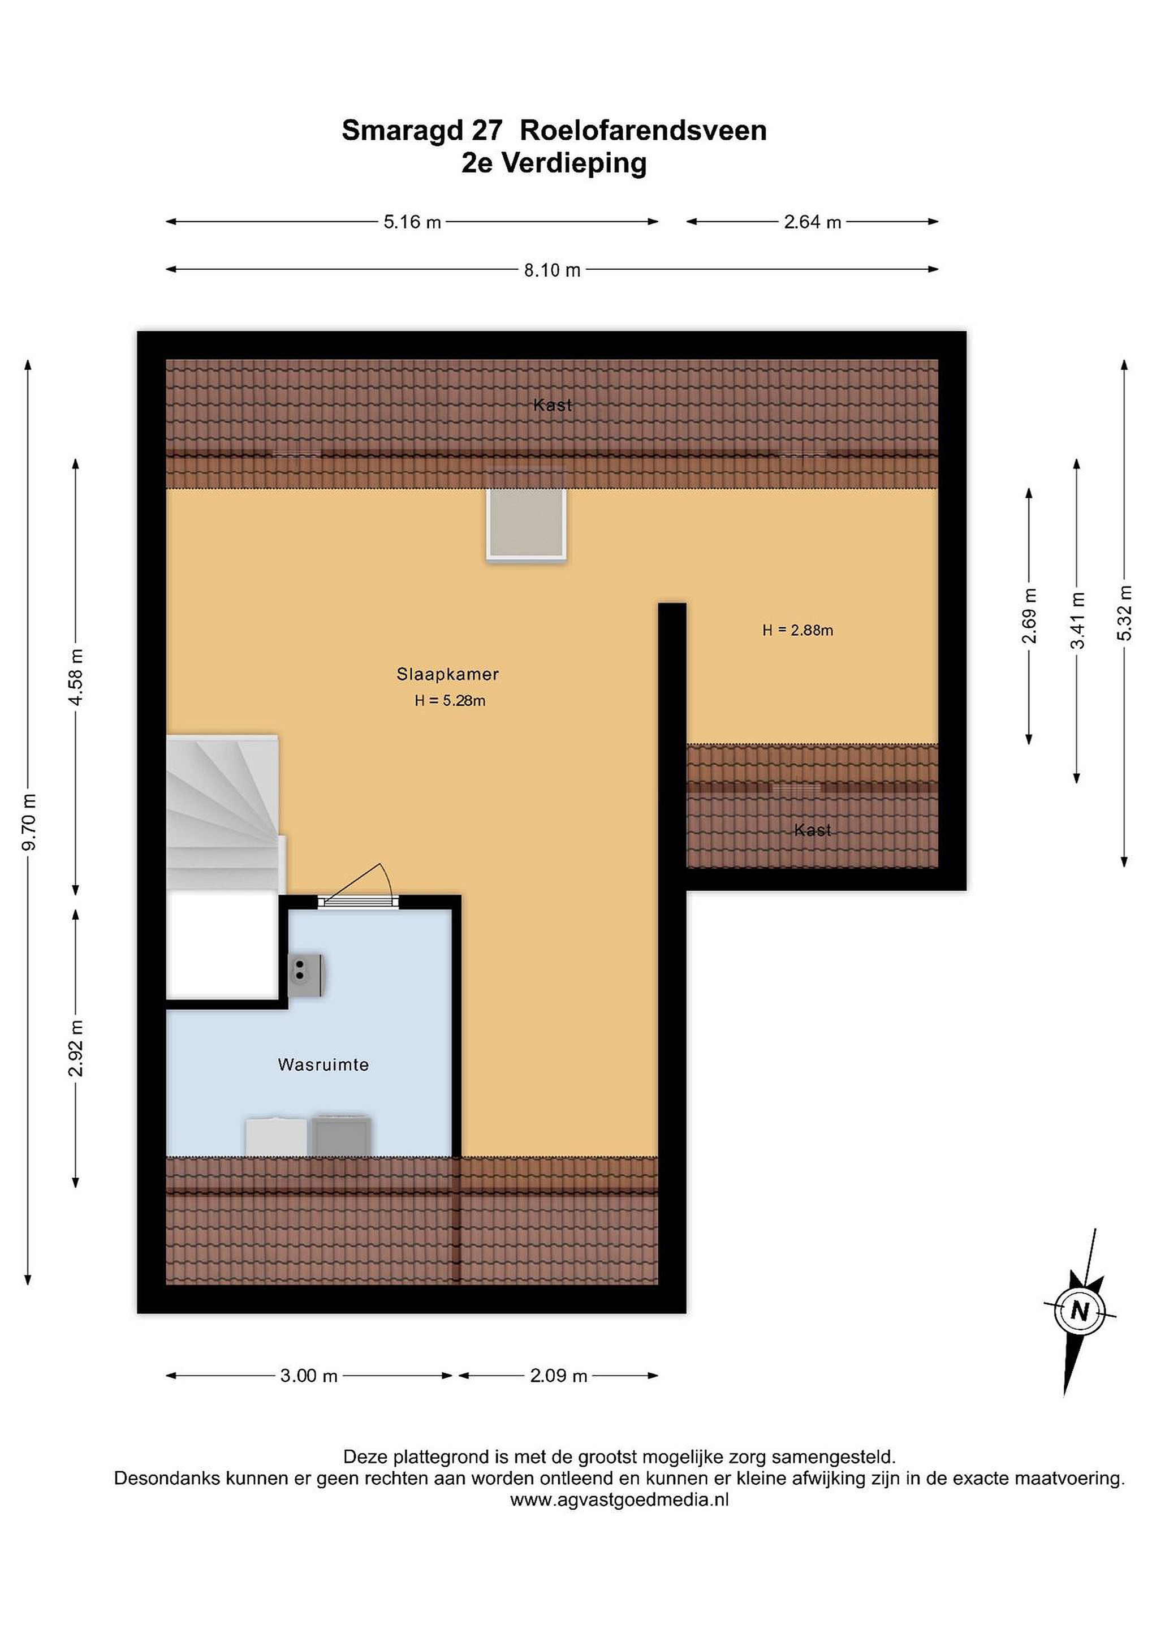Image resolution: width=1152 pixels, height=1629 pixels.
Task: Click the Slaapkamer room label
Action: tap(447, 674)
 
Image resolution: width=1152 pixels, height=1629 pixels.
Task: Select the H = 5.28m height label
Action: tap(450, 701)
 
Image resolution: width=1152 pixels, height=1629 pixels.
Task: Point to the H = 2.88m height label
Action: tap(798, 630)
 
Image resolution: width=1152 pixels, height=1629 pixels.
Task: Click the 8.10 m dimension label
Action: tap(553, 270)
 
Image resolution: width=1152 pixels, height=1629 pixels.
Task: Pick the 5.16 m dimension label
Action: tap(412, 222)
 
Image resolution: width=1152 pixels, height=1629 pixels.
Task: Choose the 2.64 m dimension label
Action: tap(812, 222)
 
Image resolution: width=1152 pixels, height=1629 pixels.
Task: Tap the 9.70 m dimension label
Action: tap(29, 822)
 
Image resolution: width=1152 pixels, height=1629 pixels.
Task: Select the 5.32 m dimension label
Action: tap(1124, 613)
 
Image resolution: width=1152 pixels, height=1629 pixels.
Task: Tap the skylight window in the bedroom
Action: tap(525, 525)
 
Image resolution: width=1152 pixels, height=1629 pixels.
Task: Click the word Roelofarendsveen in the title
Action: tap(644, 131)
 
